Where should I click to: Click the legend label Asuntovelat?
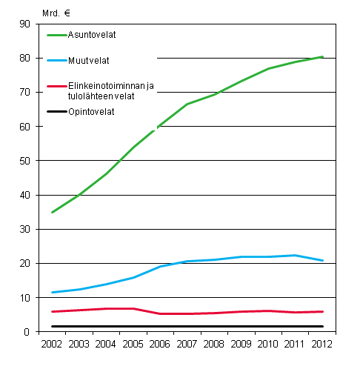pyautogui.click(x=93, y=34)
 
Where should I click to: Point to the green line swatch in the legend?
pyautogui.click(x=58, y=34)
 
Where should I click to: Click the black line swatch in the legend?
pyautogui.click(x=58, y=112)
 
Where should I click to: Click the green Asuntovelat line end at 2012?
pyautogui.click(x=322, y=56)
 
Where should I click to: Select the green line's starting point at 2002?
pyautogui.click(x=51, y=213)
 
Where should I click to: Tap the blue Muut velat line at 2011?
pyautogui.click(x=296, y=255)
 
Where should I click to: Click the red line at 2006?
pyautogui.click(x=160, y=313)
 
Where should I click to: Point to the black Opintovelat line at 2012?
pyautogui.click(x=322, y=326)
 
